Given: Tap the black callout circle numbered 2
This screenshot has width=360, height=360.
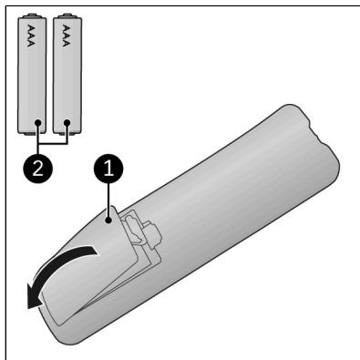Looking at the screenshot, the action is (37, 168).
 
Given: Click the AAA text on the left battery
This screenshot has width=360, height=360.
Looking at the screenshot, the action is (31, 36).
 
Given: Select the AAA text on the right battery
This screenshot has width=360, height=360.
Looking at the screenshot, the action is (67, 36).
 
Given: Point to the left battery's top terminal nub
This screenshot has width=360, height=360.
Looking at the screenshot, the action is (32, 15).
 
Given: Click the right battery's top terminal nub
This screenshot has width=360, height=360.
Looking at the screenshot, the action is (67, 15).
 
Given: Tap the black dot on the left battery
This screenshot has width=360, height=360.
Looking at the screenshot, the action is (38, 123).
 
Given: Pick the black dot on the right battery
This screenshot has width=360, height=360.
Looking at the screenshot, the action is (67, 123).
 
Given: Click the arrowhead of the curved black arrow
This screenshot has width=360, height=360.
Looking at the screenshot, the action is (34, 297).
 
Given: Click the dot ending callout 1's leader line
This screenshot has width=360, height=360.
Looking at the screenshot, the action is (108, 221).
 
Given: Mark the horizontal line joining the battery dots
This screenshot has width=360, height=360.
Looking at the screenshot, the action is (53, 143).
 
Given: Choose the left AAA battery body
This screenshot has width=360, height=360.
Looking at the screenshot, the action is (32, 74).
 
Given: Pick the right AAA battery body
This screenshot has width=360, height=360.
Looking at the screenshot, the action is (67, 74).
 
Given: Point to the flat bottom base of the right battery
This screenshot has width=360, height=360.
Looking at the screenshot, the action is (67, 132).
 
